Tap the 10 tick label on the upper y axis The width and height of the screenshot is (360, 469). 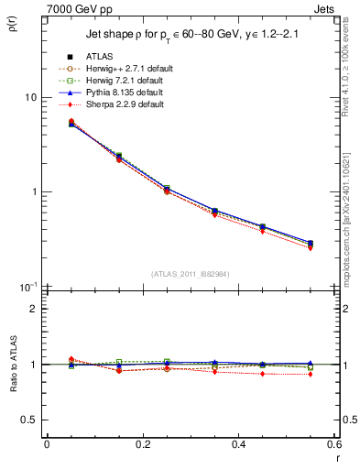click(30, 97)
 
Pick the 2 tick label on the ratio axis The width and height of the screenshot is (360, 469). click(34, 309)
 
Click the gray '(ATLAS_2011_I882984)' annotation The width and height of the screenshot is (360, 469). click(190, 274)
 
